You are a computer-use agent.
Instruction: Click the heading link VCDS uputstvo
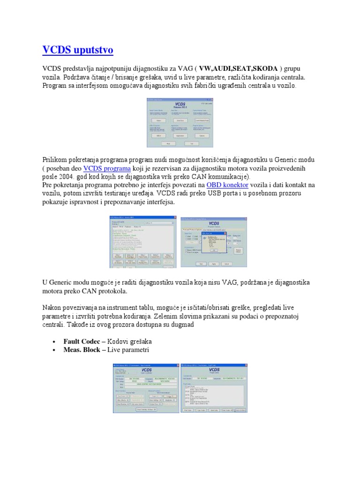click(x=77, y=50)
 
